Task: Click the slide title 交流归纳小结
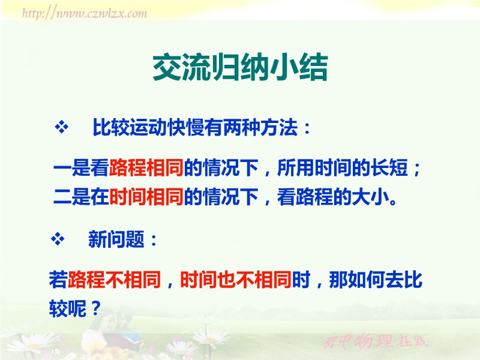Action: pos(241,67)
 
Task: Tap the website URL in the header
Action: pos(85,13)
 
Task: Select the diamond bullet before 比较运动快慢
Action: pos(62,127)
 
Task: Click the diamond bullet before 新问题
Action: pos(58,239)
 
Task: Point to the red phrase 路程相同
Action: pos(146,168)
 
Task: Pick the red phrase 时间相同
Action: pos(146,197)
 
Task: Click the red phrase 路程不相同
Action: pos(114,280)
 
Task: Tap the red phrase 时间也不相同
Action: pos(235,280)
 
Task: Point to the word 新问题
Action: pos(116,239)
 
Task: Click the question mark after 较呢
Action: pos(95,308)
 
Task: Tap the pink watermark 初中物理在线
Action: pos(376,341)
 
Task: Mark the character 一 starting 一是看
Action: pos(62,168)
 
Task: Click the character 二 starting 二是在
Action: pos(62,197)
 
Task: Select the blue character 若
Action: pos(58,280)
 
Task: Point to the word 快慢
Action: pos(186,127)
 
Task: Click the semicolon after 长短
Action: pos(416,169)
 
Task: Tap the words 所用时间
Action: pos(314,168)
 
